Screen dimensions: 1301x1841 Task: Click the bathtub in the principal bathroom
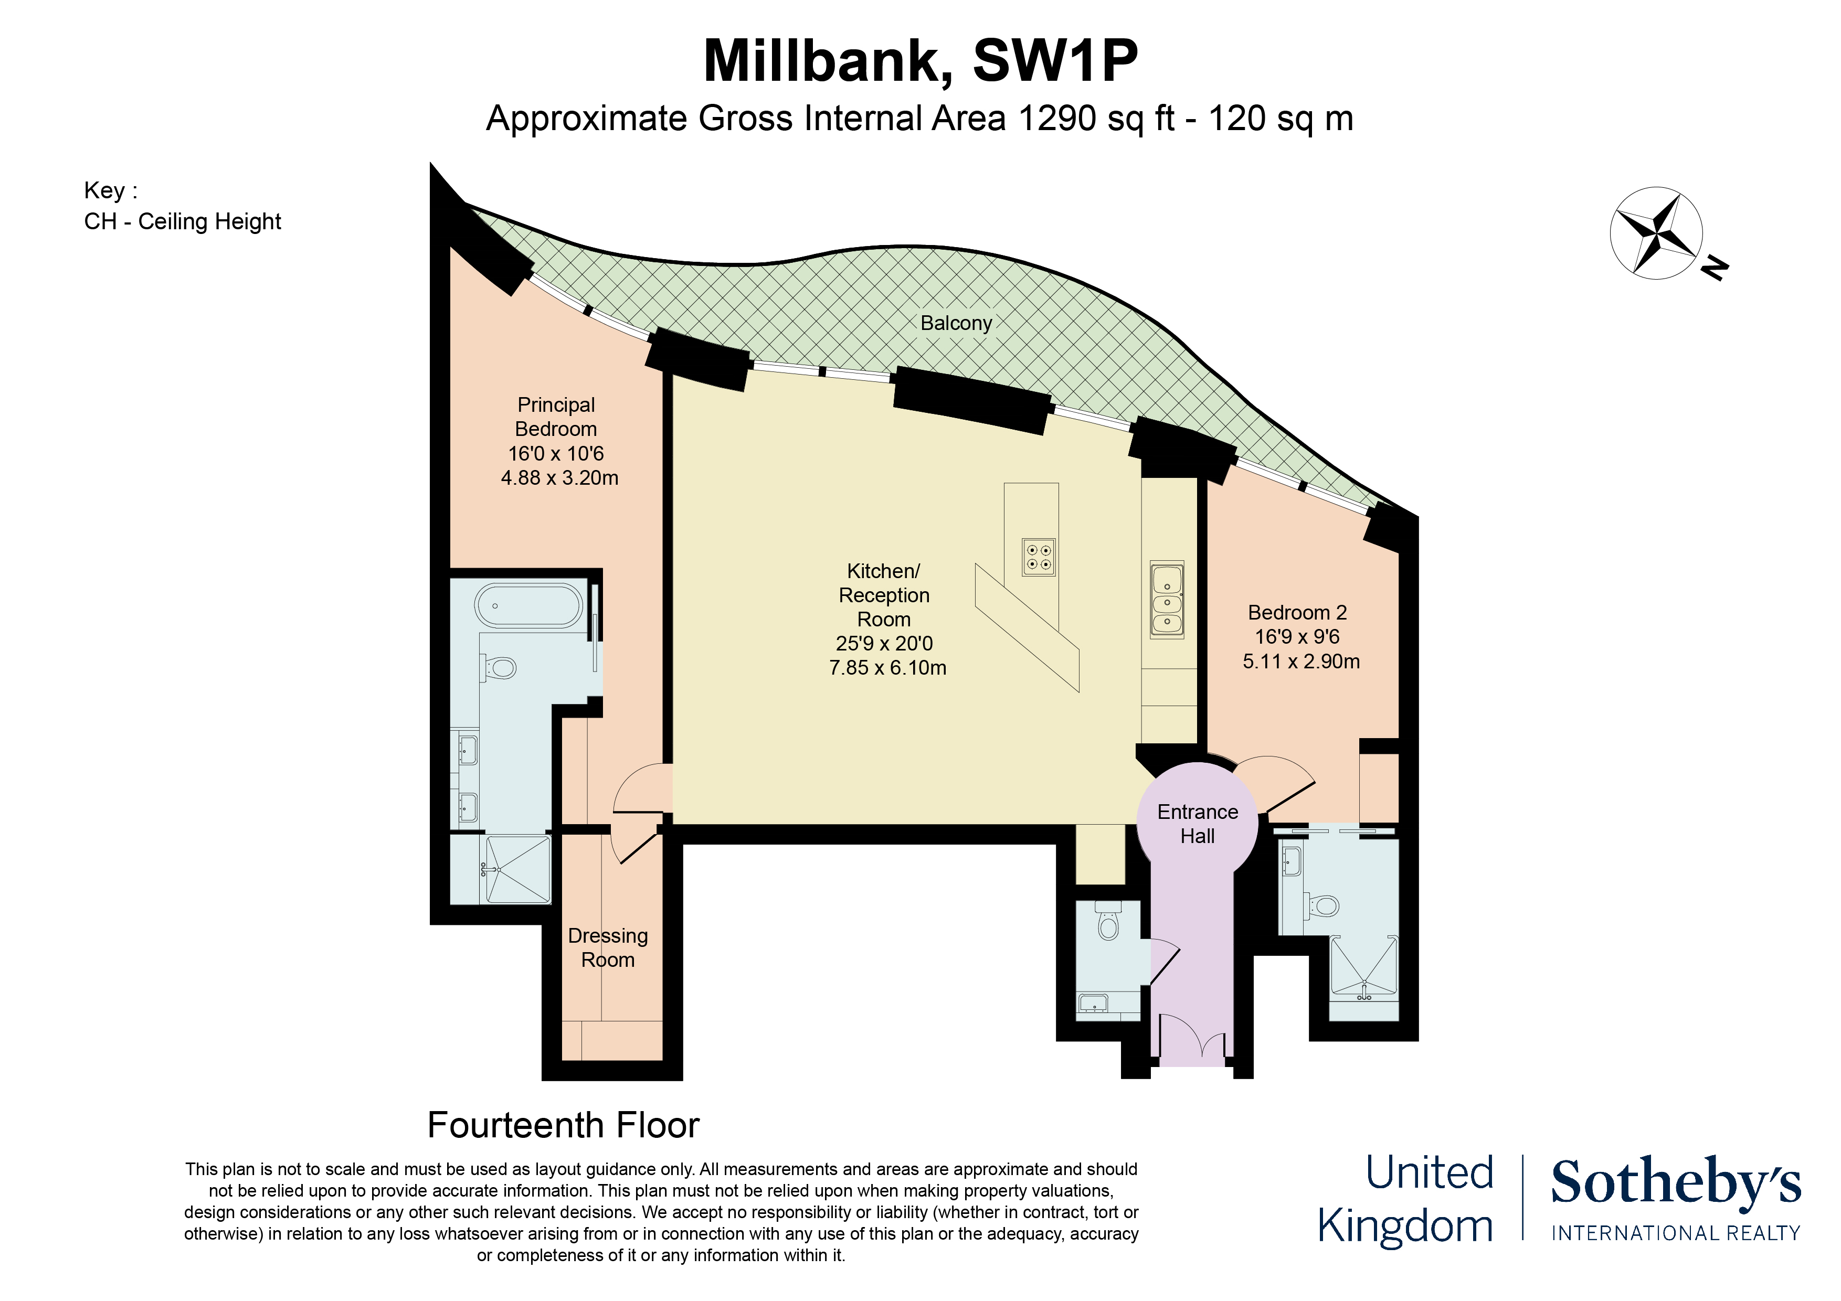[x=529, y=605]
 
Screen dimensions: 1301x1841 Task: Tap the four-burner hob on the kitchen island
[x=1039, y=557]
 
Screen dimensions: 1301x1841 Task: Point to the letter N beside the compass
[x=1715, y=267]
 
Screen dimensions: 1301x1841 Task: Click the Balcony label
[x=956, y=323]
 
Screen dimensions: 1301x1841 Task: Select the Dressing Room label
[x=608, y=947]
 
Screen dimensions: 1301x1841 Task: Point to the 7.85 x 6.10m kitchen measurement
[x=887, y=668]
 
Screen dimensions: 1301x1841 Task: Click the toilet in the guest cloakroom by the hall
[x=1108, y=922]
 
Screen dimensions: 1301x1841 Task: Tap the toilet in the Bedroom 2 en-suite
[x=1323, y=906]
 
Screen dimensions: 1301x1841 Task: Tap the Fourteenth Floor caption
[x=563, y=1125]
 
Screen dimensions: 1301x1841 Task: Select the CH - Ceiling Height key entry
[x=183, y=221]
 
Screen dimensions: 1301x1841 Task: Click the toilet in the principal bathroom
[x=501, y=667]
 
